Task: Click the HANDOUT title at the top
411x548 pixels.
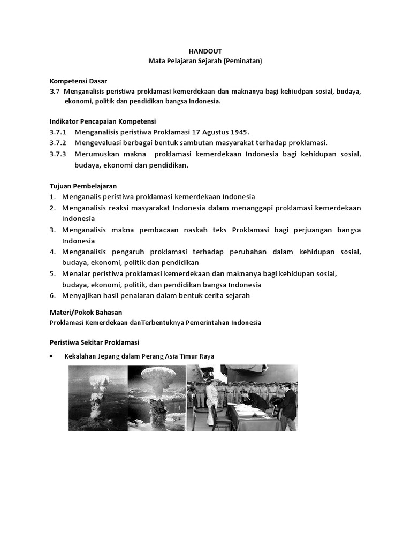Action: click(x=205, y=51)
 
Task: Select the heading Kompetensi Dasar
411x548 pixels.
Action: click(x=78, y=81)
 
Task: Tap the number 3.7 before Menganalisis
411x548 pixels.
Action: click(x=54, y=92)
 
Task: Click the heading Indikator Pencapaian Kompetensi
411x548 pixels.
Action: click(x=102, y=121)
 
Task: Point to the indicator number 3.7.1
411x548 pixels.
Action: click(x=57, y=132)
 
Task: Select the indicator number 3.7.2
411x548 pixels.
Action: click(x=57, y=143)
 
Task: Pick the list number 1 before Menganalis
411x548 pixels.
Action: click(x=53, y=196)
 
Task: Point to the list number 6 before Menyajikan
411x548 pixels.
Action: click(x=53, y=295)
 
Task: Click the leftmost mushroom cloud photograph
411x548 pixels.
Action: click(x=98, y=398)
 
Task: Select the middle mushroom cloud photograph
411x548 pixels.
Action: click(x=156, y=398)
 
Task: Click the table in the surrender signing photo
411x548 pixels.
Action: click(x=249, y=415)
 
